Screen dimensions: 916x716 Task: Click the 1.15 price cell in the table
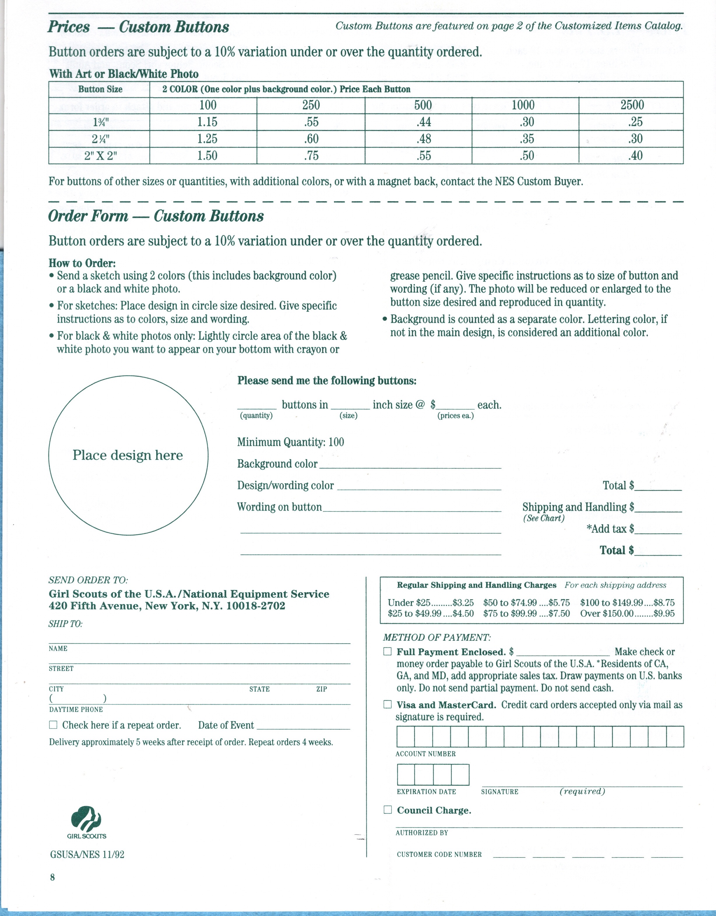tap(207, 122)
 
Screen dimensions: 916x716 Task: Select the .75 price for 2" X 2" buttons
tap(311, 156)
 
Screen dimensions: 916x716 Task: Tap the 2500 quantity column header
tap(632, 105)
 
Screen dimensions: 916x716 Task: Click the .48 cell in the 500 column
tap(423, 139)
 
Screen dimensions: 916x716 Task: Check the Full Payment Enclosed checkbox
tap(387, 651)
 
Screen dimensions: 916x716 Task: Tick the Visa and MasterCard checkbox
tap(387, 704)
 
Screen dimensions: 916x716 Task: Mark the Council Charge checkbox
tap(387, 809)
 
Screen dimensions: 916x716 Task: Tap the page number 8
tap(52, 877)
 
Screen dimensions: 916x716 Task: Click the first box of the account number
tap(406, 737)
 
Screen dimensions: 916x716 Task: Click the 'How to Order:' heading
tap(82, 263)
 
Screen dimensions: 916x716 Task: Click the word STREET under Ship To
tap(61, 668)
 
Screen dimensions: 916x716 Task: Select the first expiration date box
tap(406, 774)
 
